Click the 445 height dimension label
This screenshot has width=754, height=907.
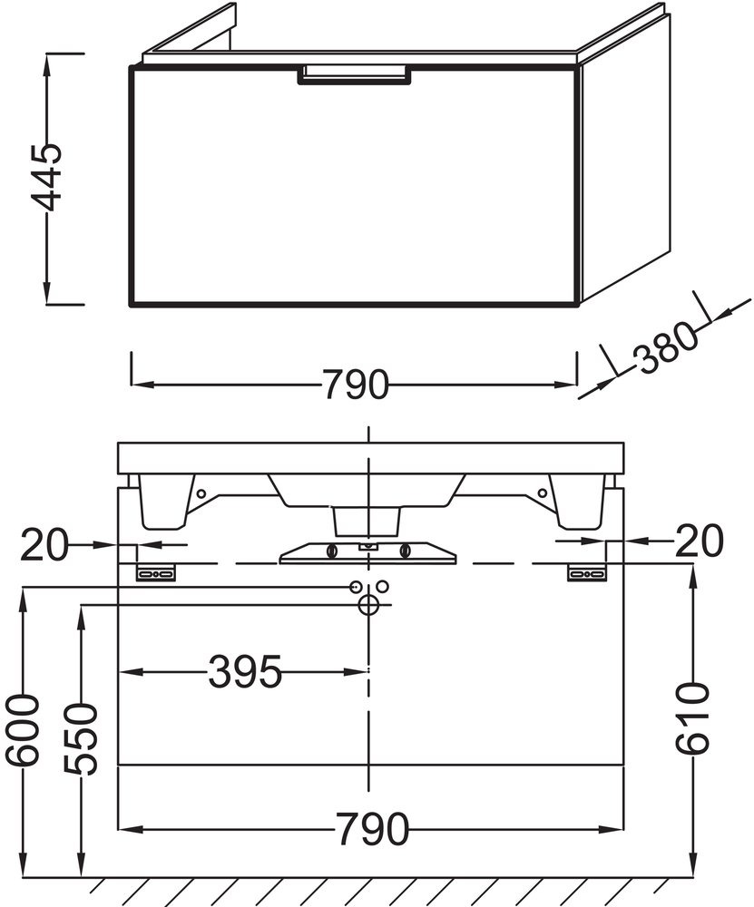[x=46, y=178]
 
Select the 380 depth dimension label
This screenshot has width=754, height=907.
[x=665, y=348]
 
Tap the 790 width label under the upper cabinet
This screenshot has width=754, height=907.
[x=355, y=384]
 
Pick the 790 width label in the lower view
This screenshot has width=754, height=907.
[x=373, y=829]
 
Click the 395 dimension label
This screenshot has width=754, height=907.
[x=245, y=671]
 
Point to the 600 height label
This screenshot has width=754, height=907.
[x=23, y=731]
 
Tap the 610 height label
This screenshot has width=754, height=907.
[x=692, y=718]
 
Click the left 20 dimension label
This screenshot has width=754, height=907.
[x=44, y=543]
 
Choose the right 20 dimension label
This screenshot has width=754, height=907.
[x=700, y=541]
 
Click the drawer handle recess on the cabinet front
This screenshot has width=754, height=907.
[x=355, y=75]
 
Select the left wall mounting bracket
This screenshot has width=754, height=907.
[x=156, y=572]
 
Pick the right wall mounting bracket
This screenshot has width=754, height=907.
[x=587, y=572]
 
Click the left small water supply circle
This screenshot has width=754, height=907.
[x=354, y=587]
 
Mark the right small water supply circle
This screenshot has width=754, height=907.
[x=383, y=586]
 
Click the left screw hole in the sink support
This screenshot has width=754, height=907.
[x=201, y=493]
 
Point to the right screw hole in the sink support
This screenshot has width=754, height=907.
[x=543, y=493]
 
